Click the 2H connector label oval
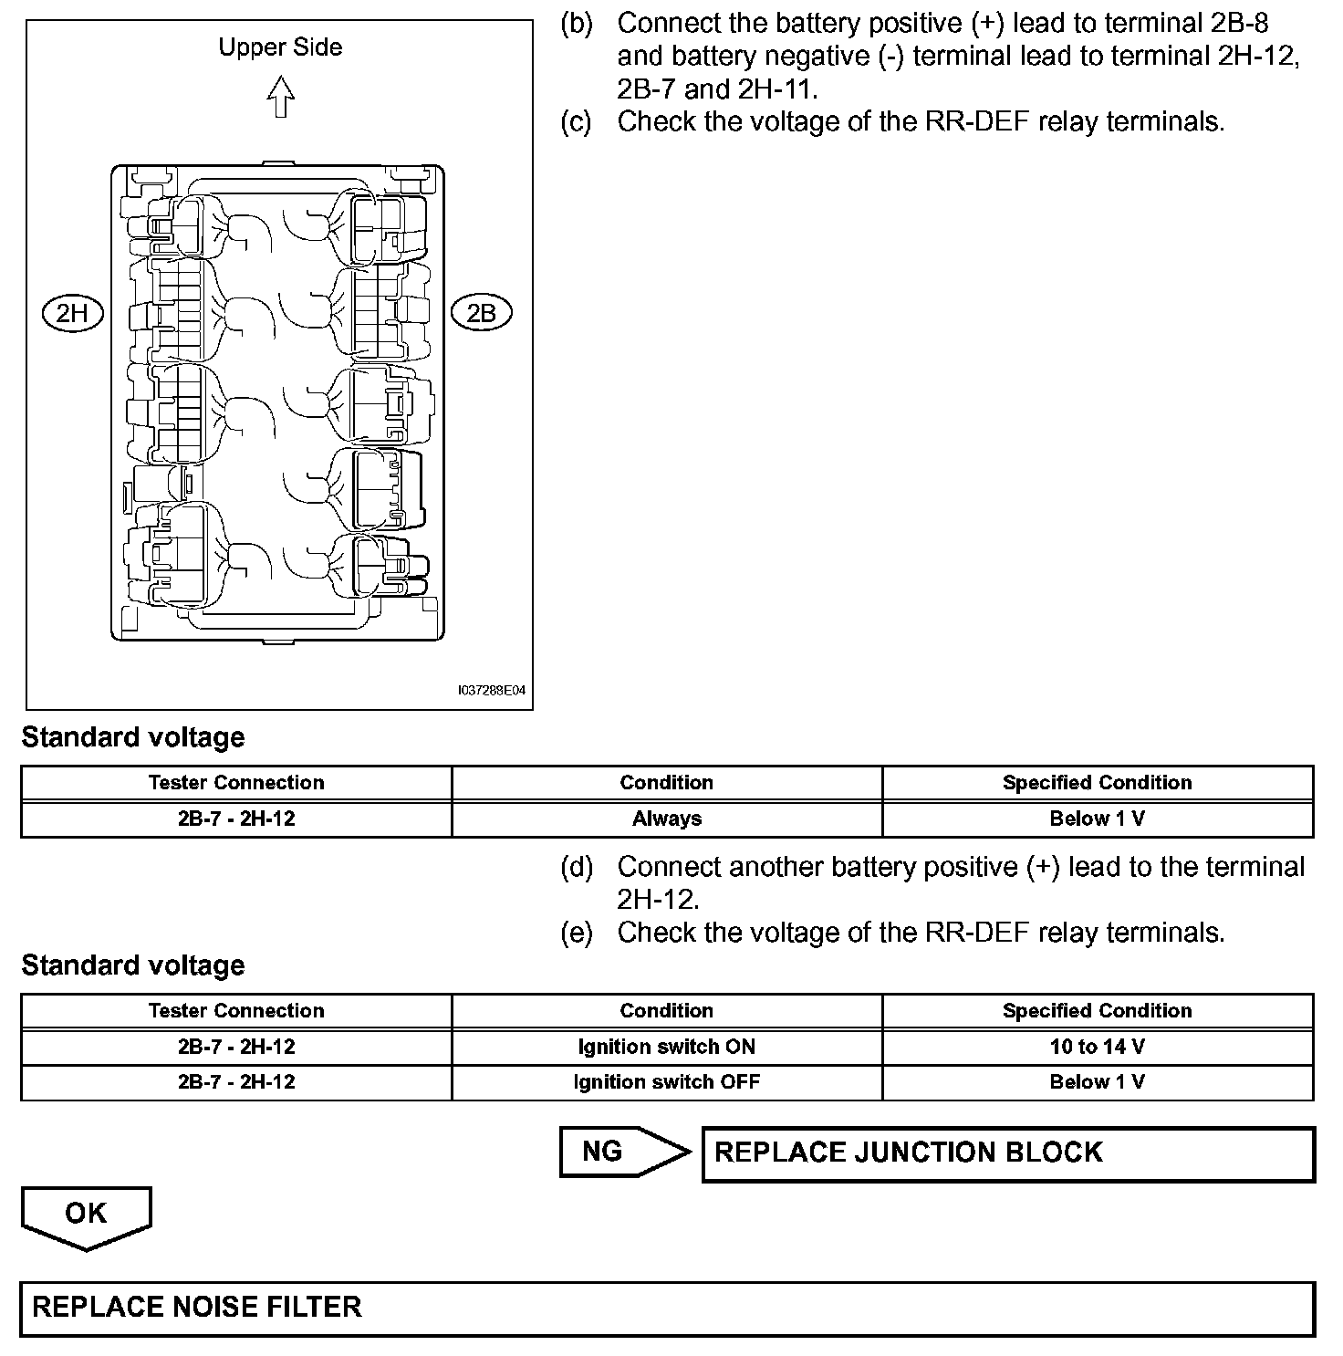(73, 313)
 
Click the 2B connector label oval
(481, 313)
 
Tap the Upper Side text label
(280, 47)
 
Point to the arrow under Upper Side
(281, 97)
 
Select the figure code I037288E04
(492, 691)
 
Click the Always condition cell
(667, 819)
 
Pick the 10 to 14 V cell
(1097, 1047)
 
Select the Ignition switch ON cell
(667, 1047)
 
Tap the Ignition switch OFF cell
(667, 1082)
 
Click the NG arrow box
(624, 1152)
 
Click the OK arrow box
(86, 1215)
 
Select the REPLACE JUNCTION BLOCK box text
(909, 1153)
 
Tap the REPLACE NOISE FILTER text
(197, 1307)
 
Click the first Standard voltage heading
(133, 737)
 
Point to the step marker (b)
(576, 24)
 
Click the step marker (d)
(576, 867)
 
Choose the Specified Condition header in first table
(1097, 783)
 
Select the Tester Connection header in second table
(236, 1011)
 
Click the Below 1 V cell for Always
(1097, 819)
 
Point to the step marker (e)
(576, 933)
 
